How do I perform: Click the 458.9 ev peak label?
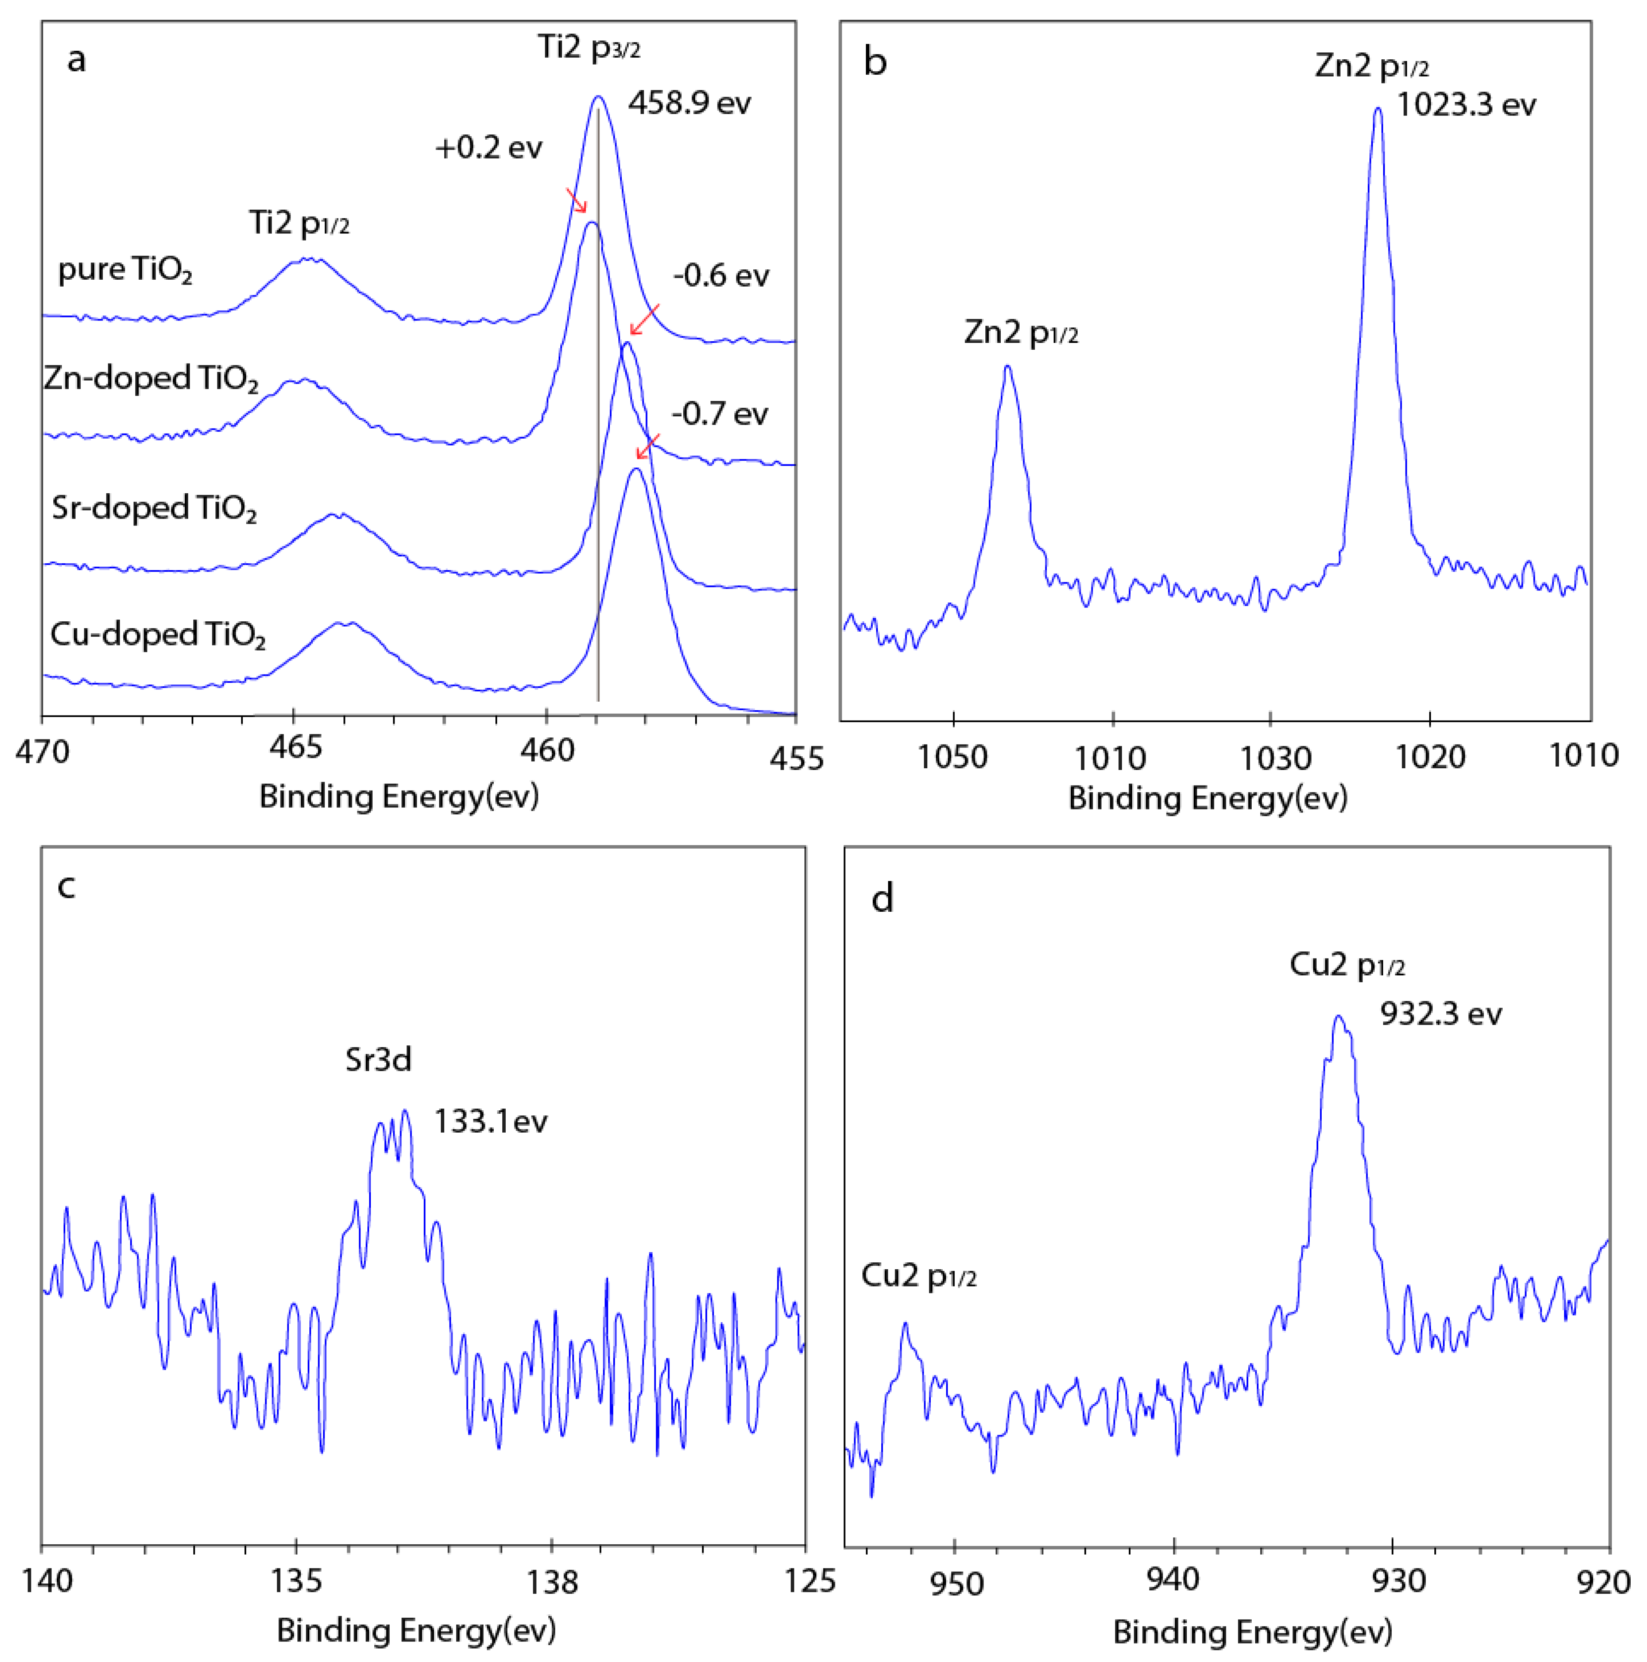coord(689,103)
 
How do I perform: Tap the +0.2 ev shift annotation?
coord(489,148)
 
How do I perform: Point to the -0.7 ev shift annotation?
coord(719,414)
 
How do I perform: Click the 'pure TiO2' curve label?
coord(125,270)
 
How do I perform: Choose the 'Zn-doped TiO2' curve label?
coord(150,379)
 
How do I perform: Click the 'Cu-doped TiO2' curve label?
coord(157,635)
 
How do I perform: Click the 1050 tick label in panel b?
coord(952,757)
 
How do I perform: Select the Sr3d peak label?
coord(379,1060)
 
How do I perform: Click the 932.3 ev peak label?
coord(1441,1014)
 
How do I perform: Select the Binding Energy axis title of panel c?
coord(416,1630)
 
